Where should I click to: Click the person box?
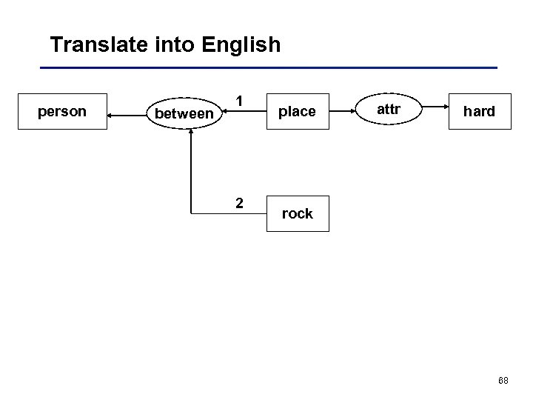62,112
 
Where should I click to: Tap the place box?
296,112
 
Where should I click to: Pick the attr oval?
389,110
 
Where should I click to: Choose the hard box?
479,112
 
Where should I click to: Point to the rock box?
297,214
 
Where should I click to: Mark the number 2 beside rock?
239,202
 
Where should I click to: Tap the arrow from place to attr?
343,112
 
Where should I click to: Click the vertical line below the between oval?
191,170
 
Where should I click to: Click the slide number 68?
503,381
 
